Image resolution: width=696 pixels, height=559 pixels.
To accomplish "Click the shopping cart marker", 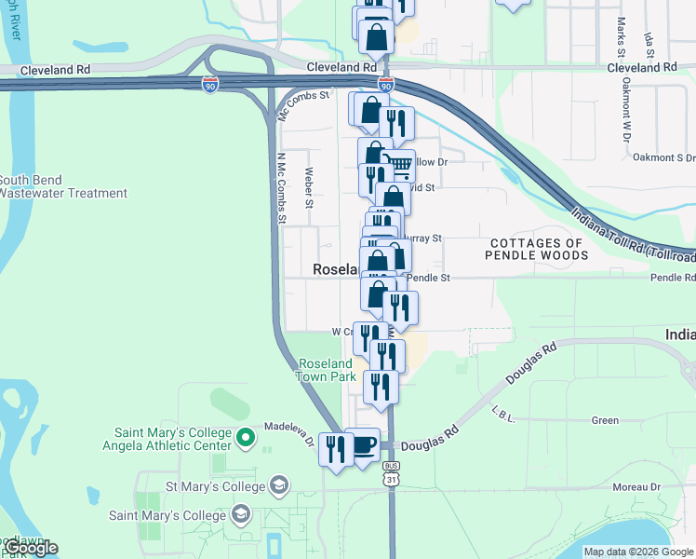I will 400,166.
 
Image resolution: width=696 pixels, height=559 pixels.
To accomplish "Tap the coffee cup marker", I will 362,445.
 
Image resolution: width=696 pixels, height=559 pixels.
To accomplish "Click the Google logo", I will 30,548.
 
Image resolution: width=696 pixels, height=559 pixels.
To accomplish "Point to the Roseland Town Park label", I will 326,370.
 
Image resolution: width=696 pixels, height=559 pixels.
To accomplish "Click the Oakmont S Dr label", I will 663,158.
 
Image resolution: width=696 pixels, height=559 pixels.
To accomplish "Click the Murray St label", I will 422,239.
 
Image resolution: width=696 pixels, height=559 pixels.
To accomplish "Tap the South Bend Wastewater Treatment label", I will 63,186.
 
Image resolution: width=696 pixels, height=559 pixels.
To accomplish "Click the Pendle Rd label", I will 673,278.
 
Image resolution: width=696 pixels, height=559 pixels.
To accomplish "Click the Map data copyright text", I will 638,552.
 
